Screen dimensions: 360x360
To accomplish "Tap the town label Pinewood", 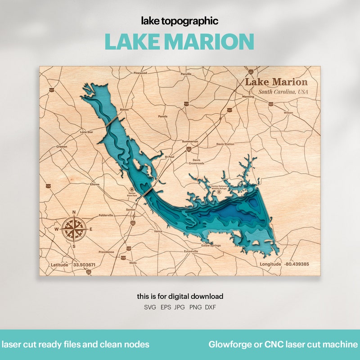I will (x=140, y=73).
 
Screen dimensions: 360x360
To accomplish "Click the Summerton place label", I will (x=189, y=141).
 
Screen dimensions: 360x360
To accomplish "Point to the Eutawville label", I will (x=191, y=251).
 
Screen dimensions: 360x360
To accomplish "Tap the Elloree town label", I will (x=94, y=184).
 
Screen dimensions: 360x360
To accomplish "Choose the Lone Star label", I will (x=86, y=132).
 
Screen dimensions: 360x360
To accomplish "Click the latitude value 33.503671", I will (x=84, y=265).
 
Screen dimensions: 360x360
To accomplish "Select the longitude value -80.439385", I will (x=296, y=264).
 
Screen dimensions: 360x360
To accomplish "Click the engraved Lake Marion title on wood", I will (x=276, y=82).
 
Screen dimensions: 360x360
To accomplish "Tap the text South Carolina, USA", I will (x=283, y=92).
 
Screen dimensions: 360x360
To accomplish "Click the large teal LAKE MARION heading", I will (x=180, y=41).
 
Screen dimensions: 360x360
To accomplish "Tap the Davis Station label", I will (x=225, y=144).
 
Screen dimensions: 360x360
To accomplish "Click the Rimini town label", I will (x=124, y=109).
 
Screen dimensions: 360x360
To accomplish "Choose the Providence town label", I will (x=107, y=252).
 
